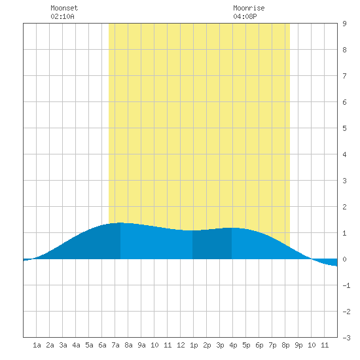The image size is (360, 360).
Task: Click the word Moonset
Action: [64, 8]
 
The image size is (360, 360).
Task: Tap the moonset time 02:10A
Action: [62, 16]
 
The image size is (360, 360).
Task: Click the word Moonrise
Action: [249, 8]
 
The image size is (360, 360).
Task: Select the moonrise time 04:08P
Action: [245, 16]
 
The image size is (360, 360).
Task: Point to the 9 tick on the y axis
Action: [344, 24]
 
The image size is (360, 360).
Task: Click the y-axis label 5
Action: [344, 128]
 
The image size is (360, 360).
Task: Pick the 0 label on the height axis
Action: [344, 259]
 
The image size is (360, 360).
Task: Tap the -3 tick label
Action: [346, 338]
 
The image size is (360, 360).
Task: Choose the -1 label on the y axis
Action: [346, 285]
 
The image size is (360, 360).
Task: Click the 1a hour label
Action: [37, 345]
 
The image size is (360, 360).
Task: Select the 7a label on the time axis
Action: [115, 345]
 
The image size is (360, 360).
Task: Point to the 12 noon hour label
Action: [181, 345]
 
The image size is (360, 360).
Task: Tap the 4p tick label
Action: [233, 345]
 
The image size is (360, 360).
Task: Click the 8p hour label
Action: [285, 345]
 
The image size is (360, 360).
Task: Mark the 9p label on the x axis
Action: [298, 345]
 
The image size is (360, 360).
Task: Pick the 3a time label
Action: [63, 345]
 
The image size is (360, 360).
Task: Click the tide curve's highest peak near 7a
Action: [120, 223]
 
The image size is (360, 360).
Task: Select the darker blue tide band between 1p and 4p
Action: [212, 244]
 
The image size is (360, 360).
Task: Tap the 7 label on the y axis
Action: [344, 76]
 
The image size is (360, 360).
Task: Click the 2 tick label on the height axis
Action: [344, 207]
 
